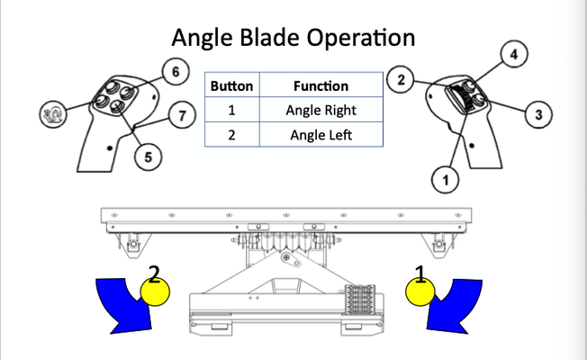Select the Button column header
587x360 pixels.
click(231, 86)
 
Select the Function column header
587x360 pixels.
click(321, 86)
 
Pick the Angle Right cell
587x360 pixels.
click(321, 111)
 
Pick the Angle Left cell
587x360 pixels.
click(321, 135)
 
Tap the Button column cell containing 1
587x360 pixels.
click(231, 111)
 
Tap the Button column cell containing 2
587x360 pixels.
click(231, 135)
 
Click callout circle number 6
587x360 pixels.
click(176, 70)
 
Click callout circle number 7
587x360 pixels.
click(183, 116)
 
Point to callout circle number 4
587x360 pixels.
click(514, 56)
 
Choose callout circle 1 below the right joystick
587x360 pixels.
click(442, 180)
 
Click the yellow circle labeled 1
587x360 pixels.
click(418, 292)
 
